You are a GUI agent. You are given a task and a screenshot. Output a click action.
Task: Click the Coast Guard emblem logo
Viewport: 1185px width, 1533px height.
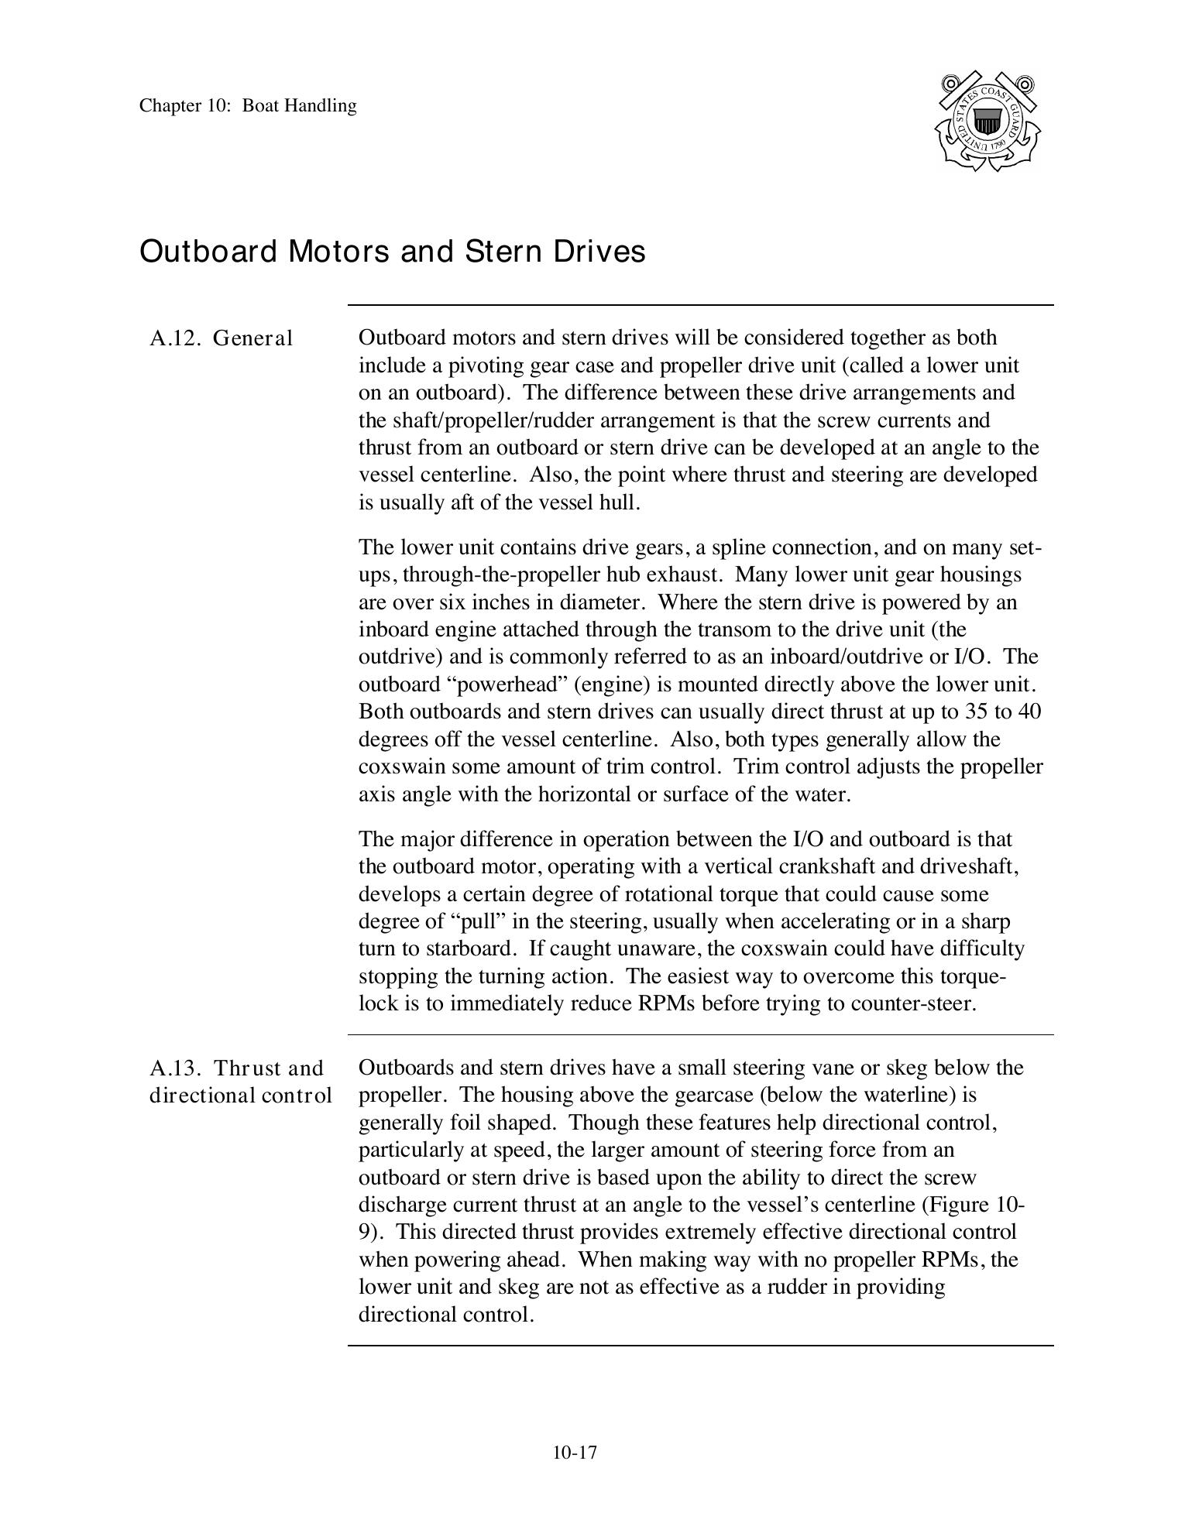click(987, 122)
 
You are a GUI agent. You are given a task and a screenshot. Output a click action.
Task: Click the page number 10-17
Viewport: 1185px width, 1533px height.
click(575, 1452)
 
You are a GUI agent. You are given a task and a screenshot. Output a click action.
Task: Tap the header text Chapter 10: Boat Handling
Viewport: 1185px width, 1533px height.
click(248, 106)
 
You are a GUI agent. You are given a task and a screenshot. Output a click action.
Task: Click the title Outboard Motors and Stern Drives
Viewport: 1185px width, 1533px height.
click(392, 252)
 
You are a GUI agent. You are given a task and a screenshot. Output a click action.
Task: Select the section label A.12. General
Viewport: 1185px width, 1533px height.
click(222, 338)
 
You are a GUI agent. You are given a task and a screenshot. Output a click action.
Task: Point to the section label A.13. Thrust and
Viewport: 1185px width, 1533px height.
click(236, 1068)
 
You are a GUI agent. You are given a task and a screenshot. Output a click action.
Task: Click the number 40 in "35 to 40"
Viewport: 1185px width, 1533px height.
click(1029, 712)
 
